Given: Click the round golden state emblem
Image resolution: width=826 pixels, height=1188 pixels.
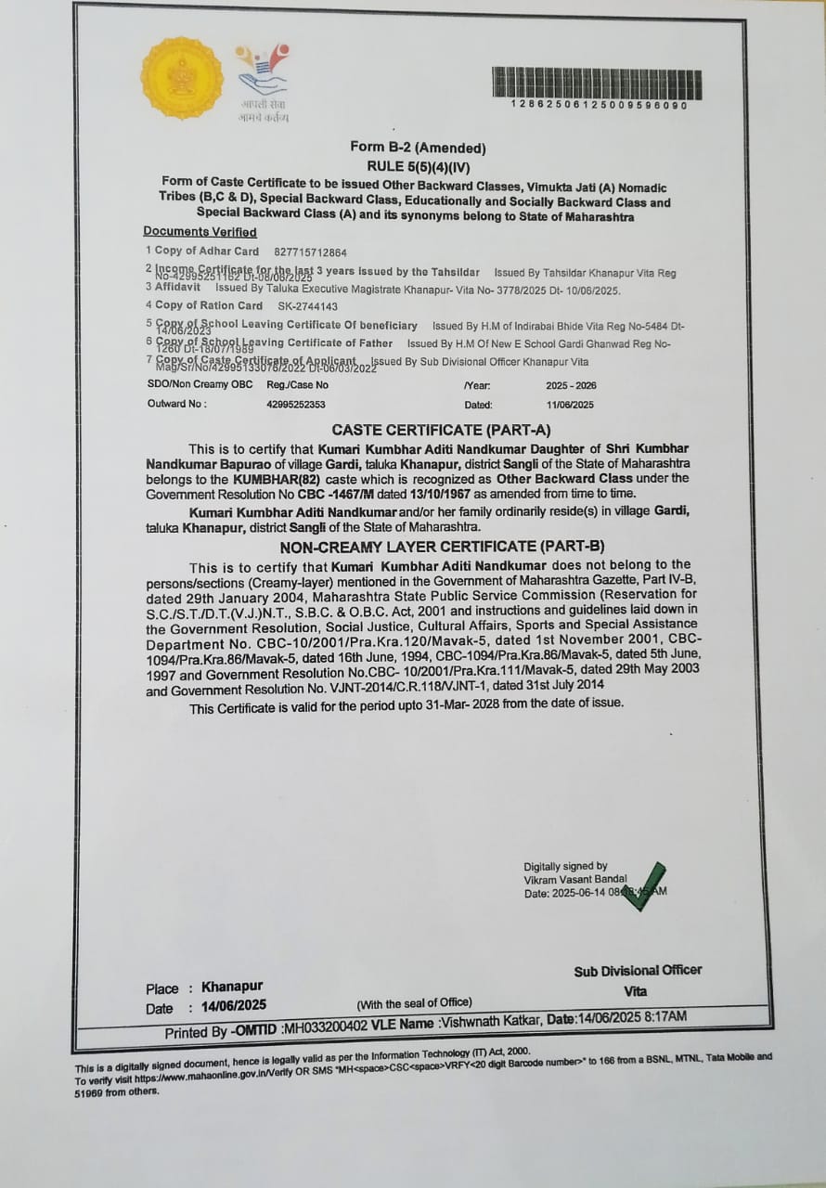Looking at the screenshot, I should [x=182, y=78].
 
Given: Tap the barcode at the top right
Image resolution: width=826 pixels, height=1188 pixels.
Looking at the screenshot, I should [x=597, y=84].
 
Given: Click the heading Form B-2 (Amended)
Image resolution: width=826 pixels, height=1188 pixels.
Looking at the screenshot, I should [x=418, y=148].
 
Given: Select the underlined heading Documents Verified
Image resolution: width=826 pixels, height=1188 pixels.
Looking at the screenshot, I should [x=200, y=232].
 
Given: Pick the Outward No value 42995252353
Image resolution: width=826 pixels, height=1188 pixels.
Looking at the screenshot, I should [x=295, y=405].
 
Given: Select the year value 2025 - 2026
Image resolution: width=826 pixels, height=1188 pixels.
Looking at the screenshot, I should [x=571, y=385].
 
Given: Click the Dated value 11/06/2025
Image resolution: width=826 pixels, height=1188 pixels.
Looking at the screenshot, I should [x=570, y=405].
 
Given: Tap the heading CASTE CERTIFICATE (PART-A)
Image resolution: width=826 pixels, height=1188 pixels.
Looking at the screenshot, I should [x=441, y=430].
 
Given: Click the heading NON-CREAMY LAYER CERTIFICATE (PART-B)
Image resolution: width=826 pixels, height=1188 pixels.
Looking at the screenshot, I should [x=442, y=547].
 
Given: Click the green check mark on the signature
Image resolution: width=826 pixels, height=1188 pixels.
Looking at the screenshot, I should [x=644, y=886].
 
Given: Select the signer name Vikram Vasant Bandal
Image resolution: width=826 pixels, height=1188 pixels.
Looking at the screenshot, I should [x=575, y=879].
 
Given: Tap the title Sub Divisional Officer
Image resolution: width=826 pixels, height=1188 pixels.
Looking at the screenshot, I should [x=638, y=971].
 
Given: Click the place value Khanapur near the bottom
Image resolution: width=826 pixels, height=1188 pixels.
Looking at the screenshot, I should [x=232, y=987].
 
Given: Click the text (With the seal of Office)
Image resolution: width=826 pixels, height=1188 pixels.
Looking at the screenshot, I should [x=414, y=1002].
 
